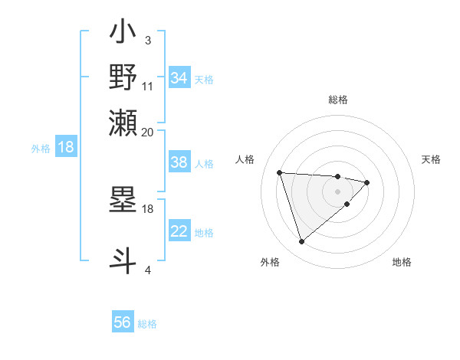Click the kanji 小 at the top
coord(123,34)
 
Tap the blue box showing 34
coord(179,78)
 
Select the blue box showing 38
coord(179,162)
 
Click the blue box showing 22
coord(179,231)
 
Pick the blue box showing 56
coord(123,322)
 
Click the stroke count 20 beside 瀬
coord(148,132)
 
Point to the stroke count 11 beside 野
coord(148,86)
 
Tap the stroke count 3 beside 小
coord(148,40)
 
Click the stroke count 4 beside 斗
coord(148,270)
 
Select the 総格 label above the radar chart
coord(338,100)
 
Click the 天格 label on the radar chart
coord(431,159)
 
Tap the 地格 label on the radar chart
coord(402,262)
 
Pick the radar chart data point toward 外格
coord(301,242)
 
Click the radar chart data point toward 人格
coord(280,172)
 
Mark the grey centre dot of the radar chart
coord(338,191)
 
